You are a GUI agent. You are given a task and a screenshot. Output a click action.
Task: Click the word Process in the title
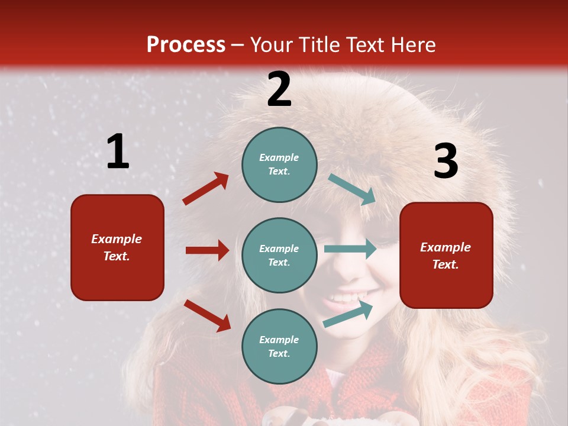186,45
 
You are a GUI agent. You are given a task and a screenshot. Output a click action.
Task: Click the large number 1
118,152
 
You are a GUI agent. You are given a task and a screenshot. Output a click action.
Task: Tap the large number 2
279,89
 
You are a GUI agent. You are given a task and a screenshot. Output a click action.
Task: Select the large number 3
446,162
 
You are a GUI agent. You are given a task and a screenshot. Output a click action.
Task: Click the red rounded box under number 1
117,247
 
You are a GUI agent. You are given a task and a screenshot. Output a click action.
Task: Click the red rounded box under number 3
446,255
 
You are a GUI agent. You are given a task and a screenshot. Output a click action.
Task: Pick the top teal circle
279,164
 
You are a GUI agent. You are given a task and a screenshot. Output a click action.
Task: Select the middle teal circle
279,255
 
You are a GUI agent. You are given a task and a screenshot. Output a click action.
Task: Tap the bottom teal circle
279,346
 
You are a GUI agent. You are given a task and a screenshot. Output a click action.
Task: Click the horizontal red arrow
207,250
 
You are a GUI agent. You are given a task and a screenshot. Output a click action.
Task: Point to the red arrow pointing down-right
207,315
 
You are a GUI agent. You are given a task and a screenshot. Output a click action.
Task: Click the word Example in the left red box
117,239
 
